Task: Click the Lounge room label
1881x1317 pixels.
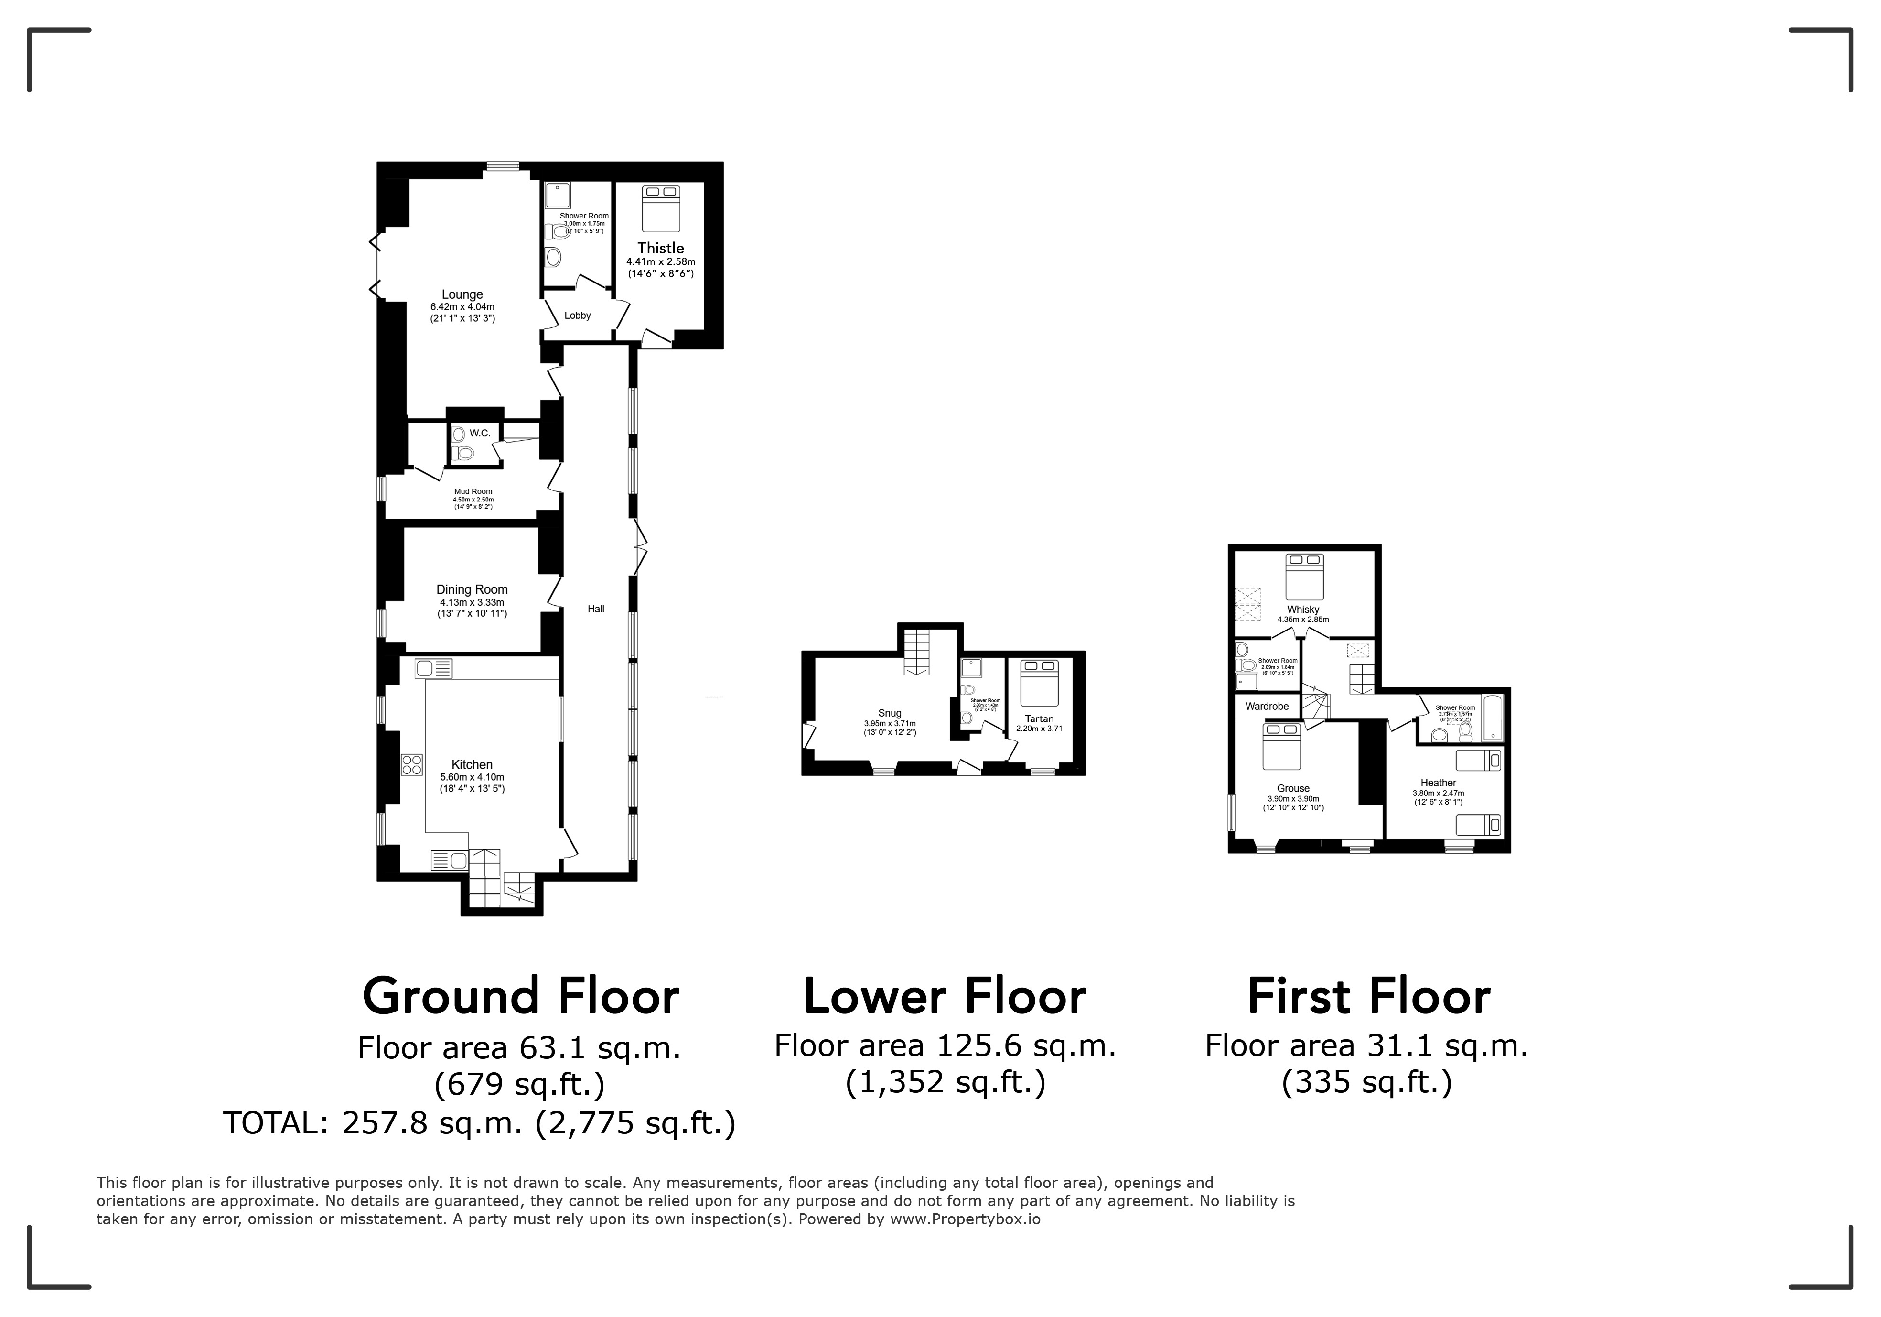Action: click(x=462, y=294)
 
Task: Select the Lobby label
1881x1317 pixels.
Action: click(x=578, y=316)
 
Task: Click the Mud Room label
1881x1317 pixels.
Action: click(x=473, y=492)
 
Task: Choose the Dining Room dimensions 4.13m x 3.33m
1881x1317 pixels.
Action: click(x=472, y=602)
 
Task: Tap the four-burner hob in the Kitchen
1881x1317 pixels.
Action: click(x=411, y=765)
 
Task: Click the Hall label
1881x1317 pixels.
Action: click(x=596, y=609)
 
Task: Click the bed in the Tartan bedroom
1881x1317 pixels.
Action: click(x=1040, y=683)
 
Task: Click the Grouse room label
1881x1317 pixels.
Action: click(x=1293, y=788)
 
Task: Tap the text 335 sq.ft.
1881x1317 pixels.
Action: click(x=1366, y=1083)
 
